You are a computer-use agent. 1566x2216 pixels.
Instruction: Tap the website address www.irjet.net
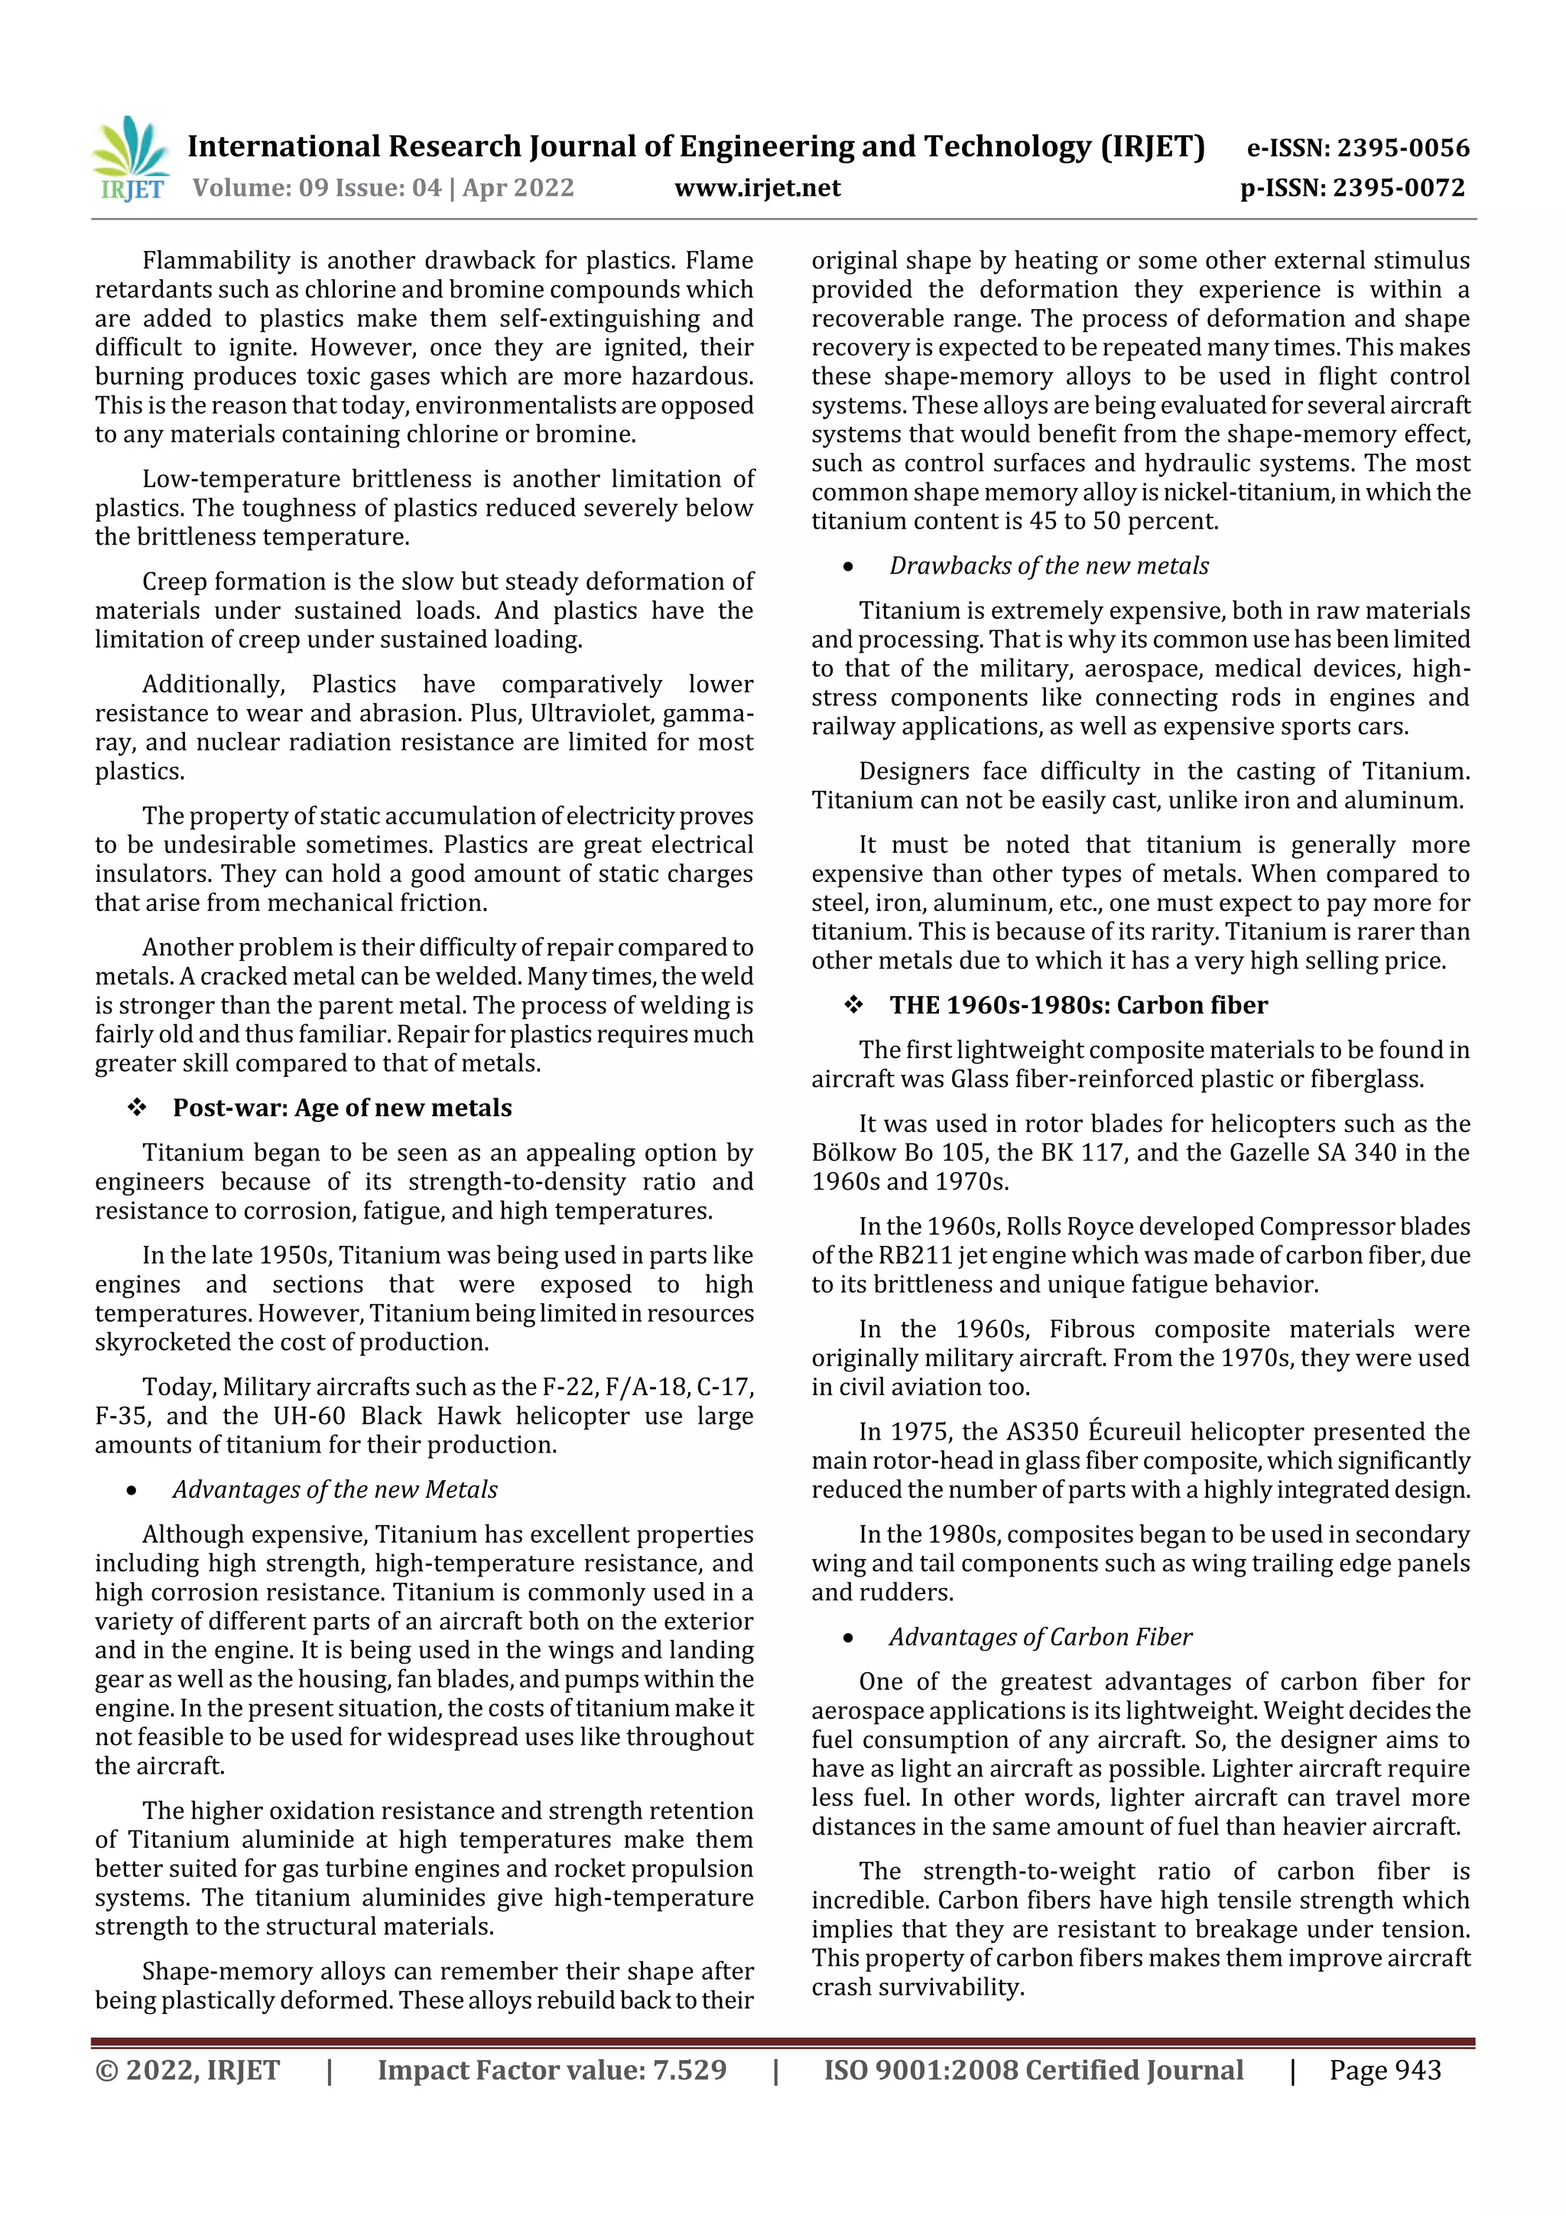(758, 187)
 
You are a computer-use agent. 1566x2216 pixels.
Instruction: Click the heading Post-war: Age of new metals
(342, 1107)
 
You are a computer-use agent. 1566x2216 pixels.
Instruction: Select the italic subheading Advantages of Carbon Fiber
(1040, 1637)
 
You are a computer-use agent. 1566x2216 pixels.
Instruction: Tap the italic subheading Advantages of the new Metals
(335, 1489)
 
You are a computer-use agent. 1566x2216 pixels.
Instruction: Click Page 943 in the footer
(1385, 2070)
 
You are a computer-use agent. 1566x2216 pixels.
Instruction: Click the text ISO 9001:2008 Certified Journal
(1032, 2070)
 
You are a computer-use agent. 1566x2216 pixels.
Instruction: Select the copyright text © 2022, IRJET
(187, 2070)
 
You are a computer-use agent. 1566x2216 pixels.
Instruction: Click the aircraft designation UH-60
(309, 1416)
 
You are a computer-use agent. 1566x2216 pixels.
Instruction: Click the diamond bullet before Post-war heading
(137, 1108)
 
